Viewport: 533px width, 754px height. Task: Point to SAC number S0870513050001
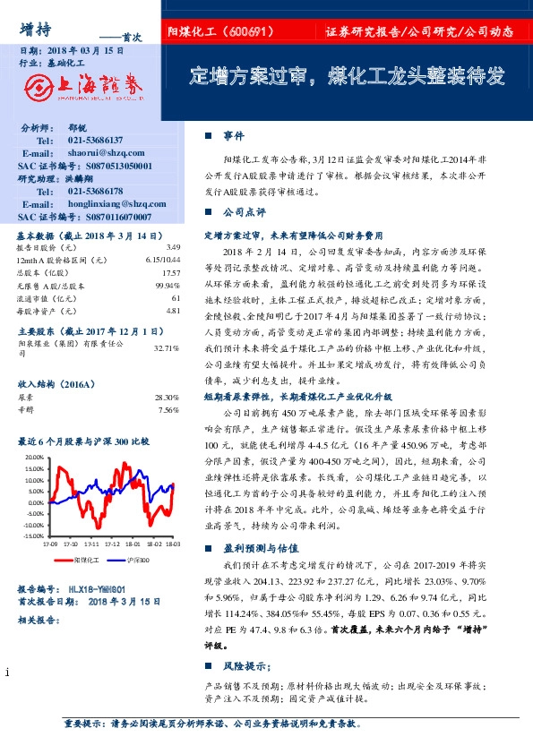[x=109, y=166]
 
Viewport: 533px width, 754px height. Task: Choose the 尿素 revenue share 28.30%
[x=167, y=396]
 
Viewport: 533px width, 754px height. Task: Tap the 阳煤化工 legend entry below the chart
[x=86, y=559]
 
